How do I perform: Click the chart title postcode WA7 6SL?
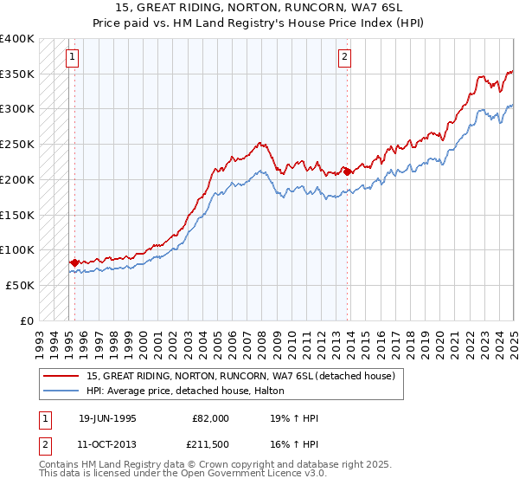[x=380, y=6]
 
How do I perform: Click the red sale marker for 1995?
[x=74, y=262]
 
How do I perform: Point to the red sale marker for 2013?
[x=348, y=171]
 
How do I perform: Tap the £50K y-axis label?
[x=21, y=285]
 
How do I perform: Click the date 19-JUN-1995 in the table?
[x=107, y=418]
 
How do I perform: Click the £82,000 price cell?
[x=210, y=418]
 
